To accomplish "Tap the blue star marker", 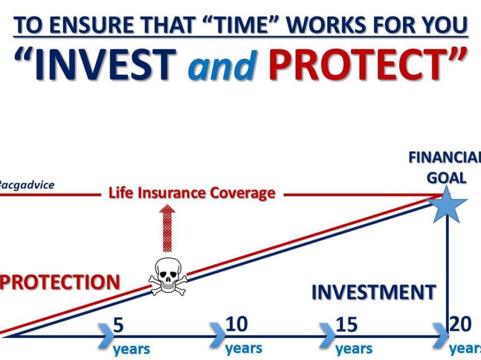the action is coord(447,205).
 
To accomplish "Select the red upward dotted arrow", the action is coord(167,228).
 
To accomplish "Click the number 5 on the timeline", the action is coord(119,325).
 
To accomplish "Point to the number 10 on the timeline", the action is coord(237,324).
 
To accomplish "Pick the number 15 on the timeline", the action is coord(347,324).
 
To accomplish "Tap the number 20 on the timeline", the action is coord(460,324).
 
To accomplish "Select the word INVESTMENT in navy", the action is coord(374,292).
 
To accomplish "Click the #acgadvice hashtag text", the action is coord(27,185).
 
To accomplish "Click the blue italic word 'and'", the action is coord(222,65).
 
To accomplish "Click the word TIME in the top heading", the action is coord(239,24).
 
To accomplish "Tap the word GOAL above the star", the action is coord(447,178).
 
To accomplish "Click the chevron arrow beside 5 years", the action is coord(106,335).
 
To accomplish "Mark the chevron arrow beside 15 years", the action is coord(327,335).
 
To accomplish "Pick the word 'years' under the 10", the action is coord(244,349).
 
